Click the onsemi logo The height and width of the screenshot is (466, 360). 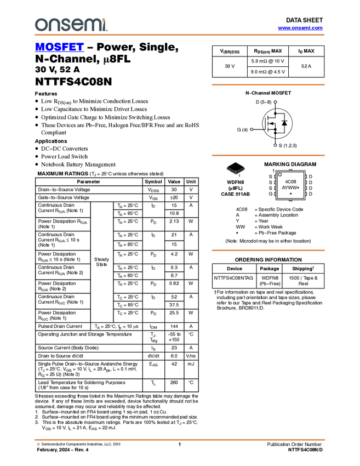(x=71, y=25)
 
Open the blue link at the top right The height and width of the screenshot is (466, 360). (x=300, y=28)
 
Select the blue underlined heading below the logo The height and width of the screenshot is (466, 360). (x=59, y=48)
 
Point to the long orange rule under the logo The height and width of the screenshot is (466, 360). (x=180, y=35)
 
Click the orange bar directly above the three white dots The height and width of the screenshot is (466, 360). (x=268, y=84)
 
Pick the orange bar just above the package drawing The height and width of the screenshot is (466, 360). (x=268, y=156)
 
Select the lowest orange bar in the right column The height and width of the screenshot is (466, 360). (x=268, y=251)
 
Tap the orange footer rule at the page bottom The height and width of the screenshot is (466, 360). (x=180, y=440)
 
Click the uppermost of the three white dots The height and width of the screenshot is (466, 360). (x=275, y=102)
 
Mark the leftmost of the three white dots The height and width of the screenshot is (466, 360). (x=252, y=129)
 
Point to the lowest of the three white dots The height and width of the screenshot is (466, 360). (x=275, y=145)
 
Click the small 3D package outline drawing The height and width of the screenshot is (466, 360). (x=236, y=171)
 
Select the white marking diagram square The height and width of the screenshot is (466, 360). (x=290, y=185)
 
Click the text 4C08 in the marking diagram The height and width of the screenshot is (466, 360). (x=290, y=181)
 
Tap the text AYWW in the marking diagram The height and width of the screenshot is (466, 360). (x=289, y=187)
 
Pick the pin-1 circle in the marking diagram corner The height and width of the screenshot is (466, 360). (x=280, y=175)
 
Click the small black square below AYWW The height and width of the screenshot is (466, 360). (x=290, y=194)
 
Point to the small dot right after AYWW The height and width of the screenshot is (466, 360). (x=298, y=187)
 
